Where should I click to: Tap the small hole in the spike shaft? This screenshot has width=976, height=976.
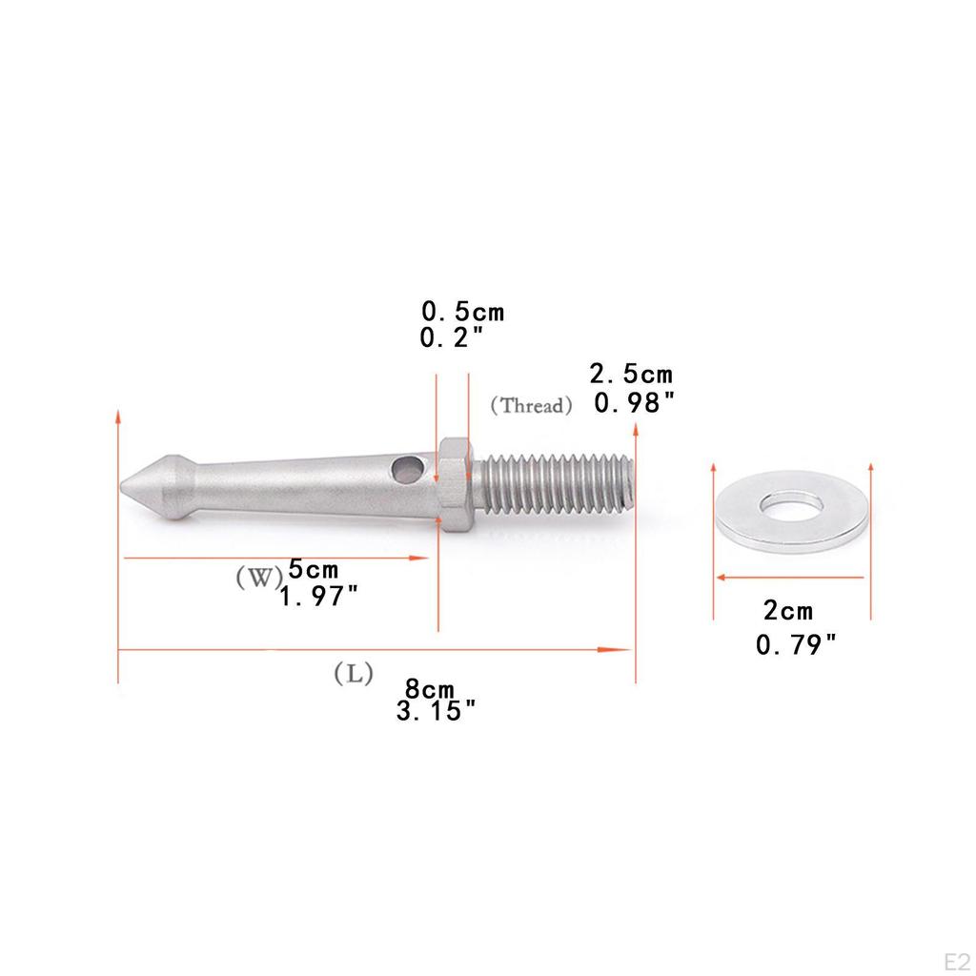406,469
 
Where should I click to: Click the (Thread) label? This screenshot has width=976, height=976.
531,405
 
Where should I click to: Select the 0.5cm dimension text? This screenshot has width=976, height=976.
462,312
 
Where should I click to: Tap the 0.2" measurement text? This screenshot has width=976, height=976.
453,336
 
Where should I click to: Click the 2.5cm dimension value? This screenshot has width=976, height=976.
631,373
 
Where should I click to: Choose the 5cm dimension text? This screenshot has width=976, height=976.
313,570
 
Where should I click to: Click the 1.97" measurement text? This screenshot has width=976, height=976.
318,597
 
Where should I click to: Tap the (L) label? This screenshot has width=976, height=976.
353,674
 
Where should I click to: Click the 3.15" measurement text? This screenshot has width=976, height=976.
437,711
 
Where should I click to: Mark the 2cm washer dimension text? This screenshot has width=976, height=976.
788,611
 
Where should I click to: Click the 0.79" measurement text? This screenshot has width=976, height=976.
796,645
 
